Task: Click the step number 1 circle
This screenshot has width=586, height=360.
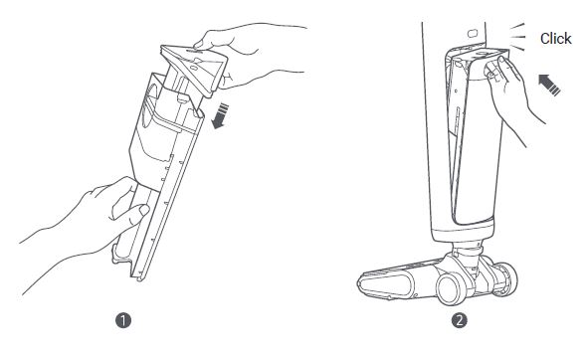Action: pyautogui.click(x=123, y=321)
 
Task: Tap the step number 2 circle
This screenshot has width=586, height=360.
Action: pyautogui.click(x=459, y=321)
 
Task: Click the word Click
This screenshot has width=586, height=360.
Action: pyautogui.click(x=556, y=39)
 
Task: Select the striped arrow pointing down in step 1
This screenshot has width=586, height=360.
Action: pyautogui.click(x=220, y=116)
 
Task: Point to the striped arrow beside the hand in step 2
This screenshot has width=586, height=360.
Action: pyautogui.click(x=549, y=85)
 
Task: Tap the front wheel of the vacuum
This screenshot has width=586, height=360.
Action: pyautogui.click(x=452, y=288)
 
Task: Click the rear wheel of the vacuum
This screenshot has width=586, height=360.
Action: pyautogui.click(x=505, y=278)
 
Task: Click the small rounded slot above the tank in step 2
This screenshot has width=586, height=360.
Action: pyautogui.click(x=473, y=34)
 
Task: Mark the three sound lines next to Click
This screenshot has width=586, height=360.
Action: pyautogui.click(x=517, y=37)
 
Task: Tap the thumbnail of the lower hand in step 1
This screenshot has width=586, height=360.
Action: pyautogui.click(x=144, y=210)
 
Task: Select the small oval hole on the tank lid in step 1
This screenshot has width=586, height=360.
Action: pyautogui.click(x=194, y=68)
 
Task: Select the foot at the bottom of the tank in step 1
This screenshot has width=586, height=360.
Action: pyautogui.click(x=121, y=254)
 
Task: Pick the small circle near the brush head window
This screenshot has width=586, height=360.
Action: pyautogui.click(x=416, y=295)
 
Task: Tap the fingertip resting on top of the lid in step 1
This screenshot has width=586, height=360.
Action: pyautogui.click(x=198, y=45)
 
